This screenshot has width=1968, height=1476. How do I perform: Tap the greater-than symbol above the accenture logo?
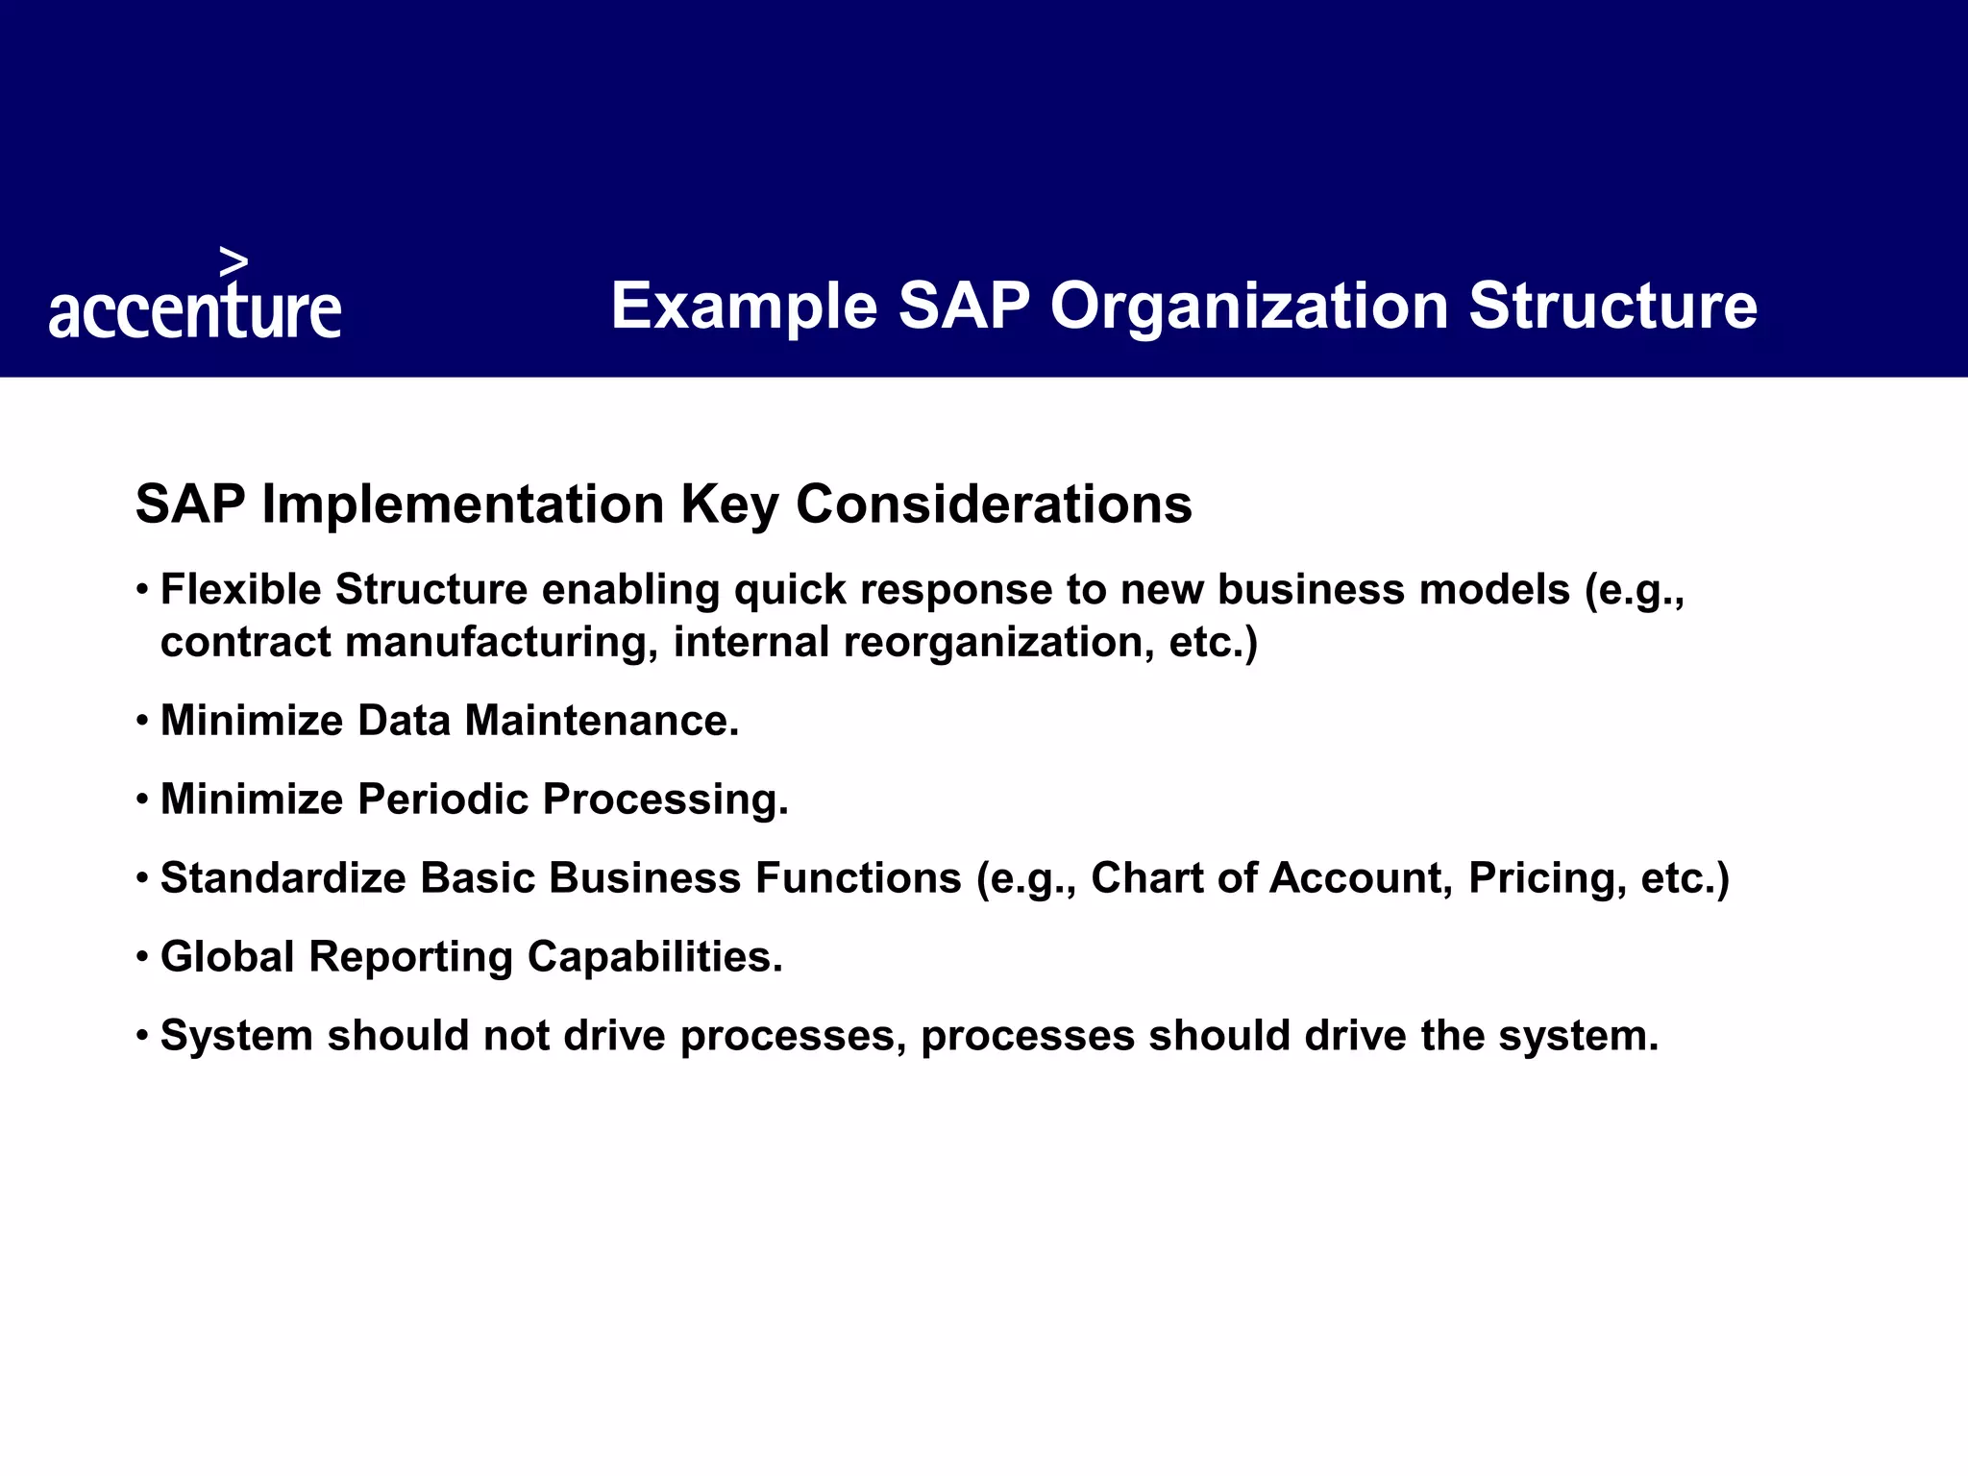tap(234, 261)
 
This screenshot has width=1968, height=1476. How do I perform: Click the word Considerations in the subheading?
tap(994, 504)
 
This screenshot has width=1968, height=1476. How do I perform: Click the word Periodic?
tap(443, 799)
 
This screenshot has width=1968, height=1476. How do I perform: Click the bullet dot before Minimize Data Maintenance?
tap(142, 721)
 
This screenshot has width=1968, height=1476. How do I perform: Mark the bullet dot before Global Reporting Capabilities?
tap(142, 957)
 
